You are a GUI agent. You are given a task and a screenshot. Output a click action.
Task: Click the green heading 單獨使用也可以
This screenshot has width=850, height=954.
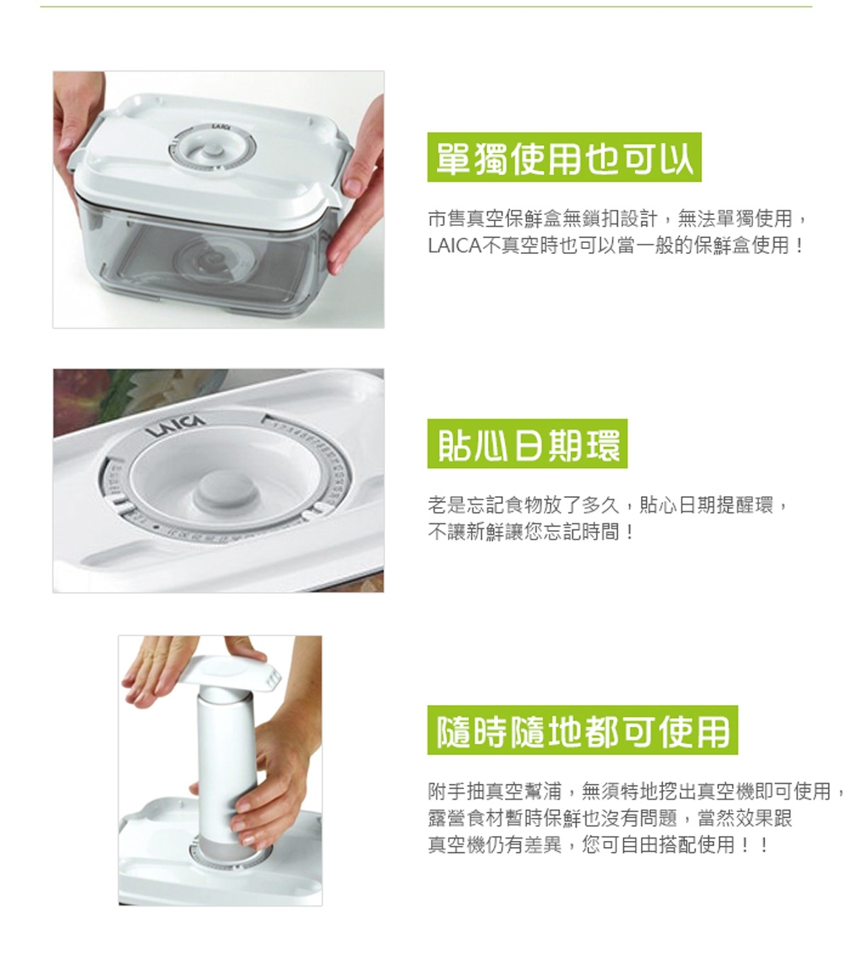tap(564, 157)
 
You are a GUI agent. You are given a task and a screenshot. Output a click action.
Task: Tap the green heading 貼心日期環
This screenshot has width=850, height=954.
tap(527, 443)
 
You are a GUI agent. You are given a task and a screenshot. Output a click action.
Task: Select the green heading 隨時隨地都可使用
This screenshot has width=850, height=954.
tap(582, 730)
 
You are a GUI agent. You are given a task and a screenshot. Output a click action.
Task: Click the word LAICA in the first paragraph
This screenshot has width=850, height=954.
tap(454, 246)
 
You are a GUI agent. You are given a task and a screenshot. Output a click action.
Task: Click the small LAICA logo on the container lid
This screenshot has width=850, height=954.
tap(220, 127)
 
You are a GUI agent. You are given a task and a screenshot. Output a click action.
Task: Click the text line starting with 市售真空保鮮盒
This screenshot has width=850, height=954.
tap(618, 218)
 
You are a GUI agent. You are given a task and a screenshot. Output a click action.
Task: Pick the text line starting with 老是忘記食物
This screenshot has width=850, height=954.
tap(609, 505)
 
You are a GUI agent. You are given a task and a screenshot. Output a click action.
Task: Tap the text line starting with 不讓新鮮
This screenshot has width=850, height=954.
tap(532, 533)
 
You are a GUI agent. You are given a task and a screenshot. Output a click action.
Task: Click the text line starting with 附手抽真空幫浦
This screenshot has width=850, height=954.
tap(637, 791)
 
